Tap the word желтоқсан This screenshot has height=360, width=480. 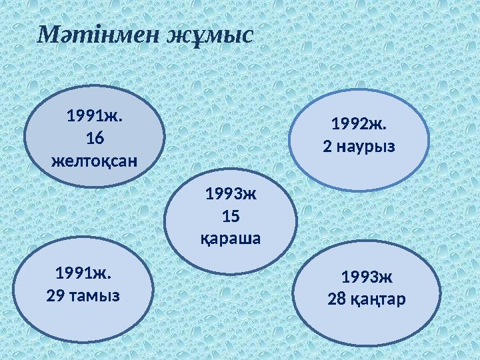tap(95, 161)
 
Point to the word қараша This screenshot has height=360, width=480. tap(231, 238)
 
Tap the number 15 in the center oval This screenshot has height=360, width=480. tap(231, 217)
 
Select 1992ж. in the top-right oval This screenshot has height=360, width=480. tap(359, 124)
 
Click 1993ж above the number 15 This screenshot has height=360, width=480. tap(231, 195)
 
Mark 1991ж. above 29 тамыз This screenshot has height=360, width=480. tap(83, 273)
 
